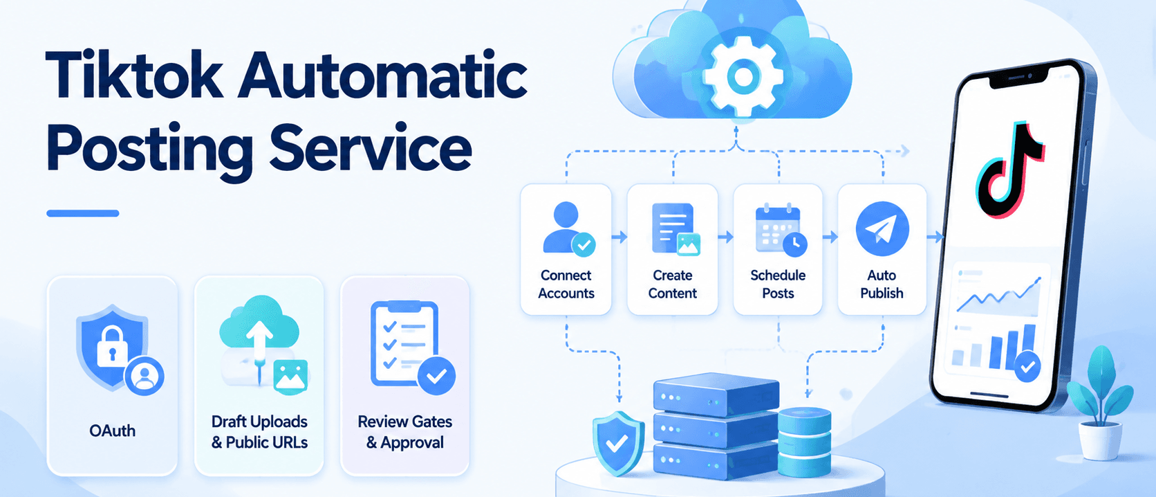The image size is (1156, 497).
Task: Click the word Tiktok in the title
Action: coord(134,74)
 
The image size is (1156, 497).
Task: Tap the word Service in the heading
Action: coord(371,147)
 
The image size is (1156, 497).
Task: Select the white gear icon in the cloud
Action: coord(743,76)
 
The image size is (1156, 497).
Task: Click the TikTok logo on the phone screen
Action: coord(1010,170)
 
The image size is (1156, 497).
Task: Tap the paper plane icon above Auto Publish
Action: coord(882,228)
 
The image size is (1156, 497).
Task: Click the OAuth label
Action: coord(112,431)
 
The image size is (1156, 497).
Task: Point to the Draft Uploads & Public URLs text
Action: coord(259,432)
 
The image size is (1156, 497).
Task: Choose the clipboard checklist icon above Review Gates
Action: coord(406,344)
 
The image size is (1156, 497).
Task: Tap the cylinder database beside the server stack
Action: coord(805,442)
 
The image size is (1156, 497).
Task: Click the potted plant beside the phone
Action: coord(1100,403)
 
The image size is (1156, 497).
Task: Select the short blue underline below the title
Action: coord(82,213)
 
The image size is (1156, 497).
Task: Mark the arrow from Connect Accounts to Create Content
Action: coord(619,237)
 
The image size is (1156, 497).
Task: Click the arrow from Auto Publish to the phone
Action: coord(935,237)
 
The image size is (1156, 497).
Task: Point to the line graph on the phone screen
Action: coord(998,294)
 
